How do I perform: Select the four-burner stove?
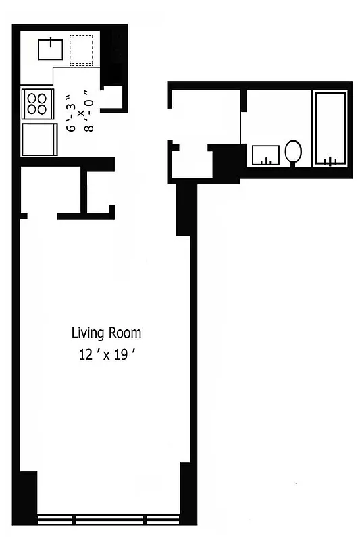36,103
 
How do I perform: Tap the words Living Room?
106,333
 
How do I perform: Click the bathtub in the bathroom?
330,128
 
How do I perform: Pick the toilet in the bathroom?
293,152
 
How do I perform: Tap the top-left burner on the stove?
31,97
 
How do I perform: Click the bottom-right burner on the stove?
43,109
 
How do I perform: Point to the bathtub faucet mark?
330,161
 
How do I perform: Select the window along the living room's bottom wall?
108,520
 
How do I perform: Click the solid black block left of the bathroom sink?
227,163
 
